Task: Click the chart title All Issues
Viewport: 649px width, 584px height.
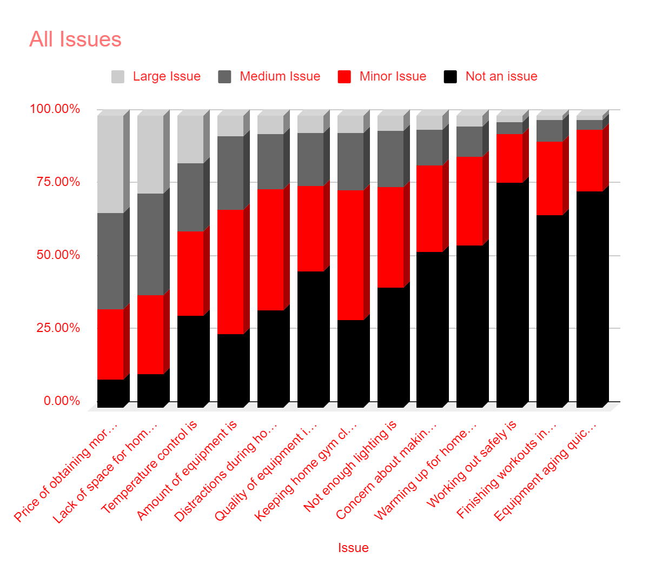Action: [x=75, y=39]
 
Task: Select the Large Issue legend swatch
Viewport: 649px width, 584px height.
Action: [x=118, y=77]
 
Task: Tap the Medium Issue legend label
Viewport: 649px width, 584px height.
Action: [x=280, y=77]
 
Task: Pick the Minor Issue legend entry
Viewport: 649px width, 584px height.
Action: [x=393, y=77]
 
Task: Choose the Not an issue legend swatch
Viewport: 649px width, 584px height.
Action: [x=450, y=77]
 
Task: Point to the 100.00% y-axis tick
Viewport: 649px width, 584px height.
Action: [x=55, y=109]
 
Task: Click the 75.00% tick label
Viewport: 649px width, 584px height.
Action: [x=58, y=182]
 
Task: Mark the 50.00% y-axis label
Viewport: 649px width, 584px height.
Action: [x=58, y=255]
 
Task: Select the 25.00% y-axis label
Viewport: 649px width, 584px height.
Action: [x=58, y=328]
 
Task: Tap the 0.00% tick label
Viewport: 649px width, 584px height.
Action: [x=62, y=401]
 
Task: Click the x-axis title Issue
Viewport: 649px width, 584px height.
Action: [x=353, y=548]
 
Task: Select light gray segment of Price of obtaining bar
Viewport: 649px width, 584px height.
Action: [x=110, y=164]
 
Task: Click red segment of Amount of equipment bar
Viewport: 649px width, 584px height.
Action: [x=230, y=271]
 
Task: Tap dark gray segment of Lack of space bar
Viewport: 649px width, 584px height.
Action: [x=150, y=244]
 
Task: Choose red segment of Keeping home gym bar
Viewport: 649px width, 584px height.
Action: [x=350, y=255]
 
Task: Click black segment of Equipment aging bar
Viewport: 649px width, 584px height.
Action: [x=590, y=299]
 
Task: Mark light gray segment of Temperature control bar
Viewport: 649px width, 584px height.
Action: [x=190, y=139]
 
